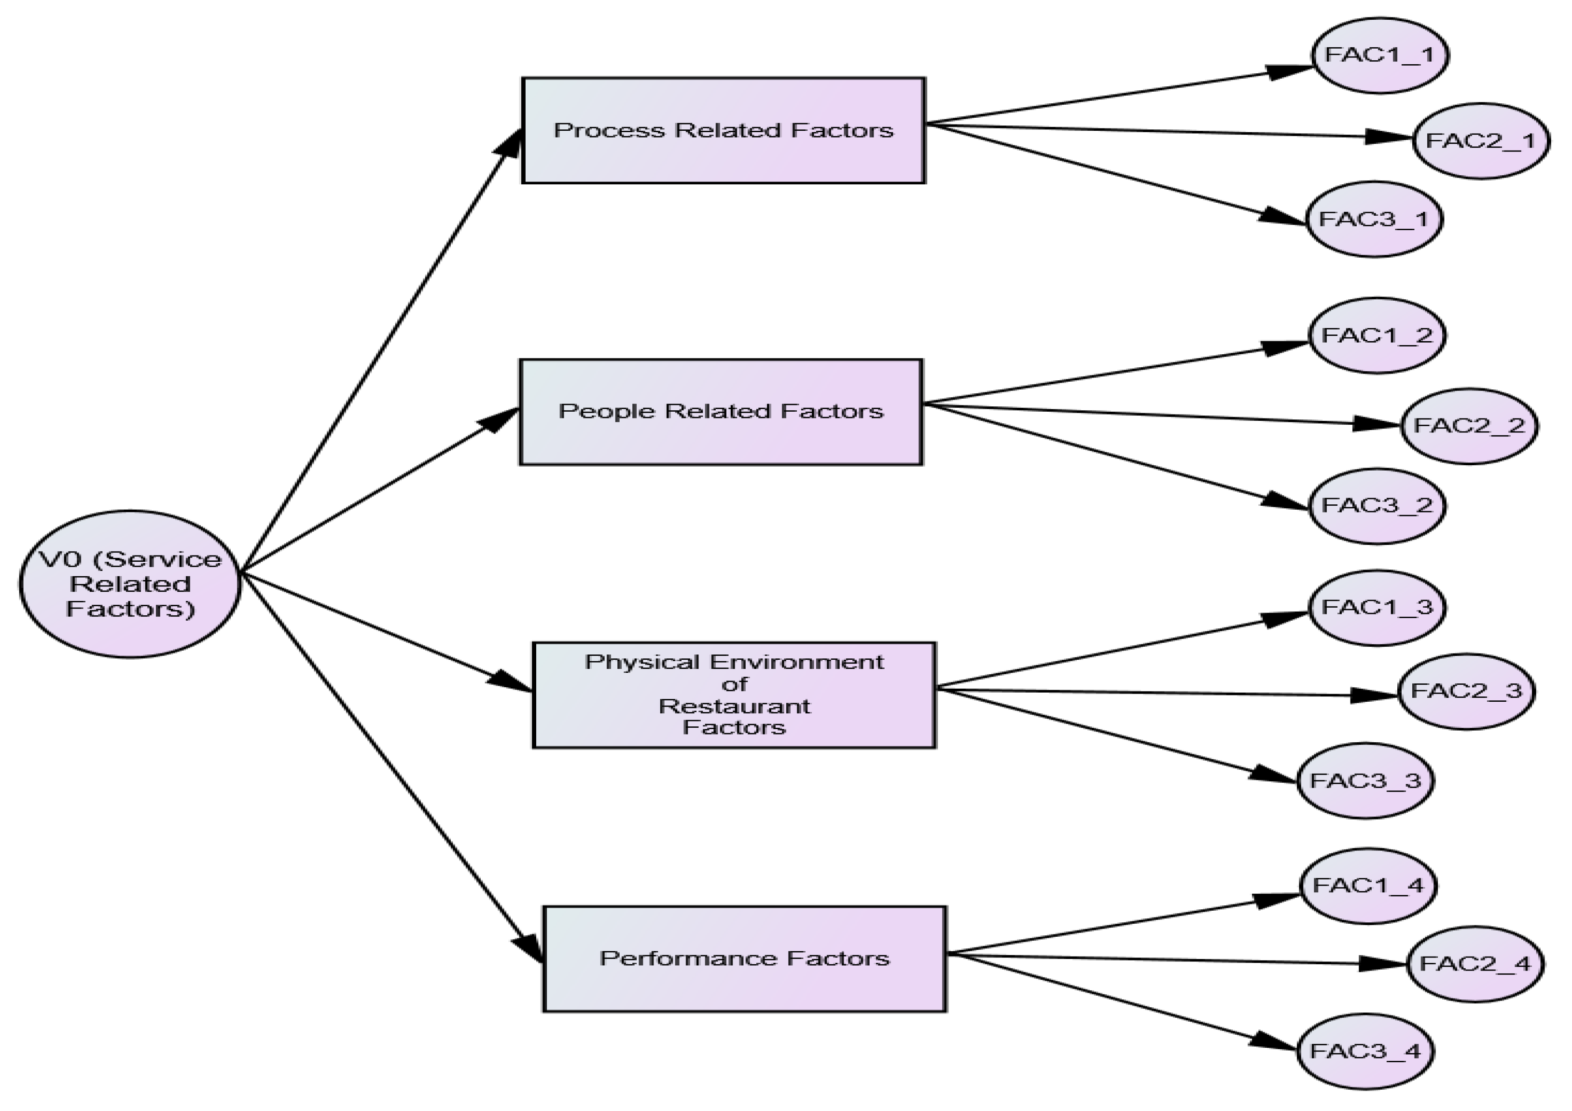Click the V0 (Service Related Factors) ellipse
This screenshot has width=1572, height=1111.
pyautogui.click(x=130, y=584)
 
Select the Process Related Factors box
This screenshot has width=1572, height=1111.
pyautogui.click(x=723, y=130)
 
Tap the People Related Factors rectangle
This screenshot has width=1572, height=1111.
pyautogui.click(x=721, y=411)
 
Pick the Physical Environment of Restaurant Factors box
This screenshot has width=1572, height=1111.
pyautogui.click(x=734, y=695)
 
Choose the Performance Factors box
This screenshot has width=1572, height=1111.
pyautogui.click(x=744, y=958)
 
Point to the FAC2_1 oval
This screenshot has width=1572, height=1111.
pyautogui.click(x=1480, y=141)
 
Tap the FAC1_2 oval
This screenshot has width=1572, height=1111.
pyautogui.click(x=1377, y=335)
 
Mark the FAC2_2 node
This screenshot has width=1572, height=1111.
pyautogui.click(x=1469, y=426)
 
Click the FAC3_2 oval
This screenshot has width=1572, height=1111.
pyautogui.click(x=1377, y=506)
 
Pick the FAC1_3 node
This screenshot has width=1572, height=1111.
pyautogui.click(x=1377, y=607)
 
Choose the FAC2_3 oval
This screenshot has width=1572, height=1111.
pyautogui.click(x=1466, y=691)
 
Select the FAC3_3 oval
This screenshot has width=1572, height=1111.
pyautogui.click(x=1365, y=780)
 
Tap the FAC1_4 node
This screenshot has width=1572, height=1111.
pyautogui.click(x=1368, y=886)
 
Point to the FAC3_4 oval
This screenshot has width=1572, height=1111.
pyautogui.click(x=1365, y=1051)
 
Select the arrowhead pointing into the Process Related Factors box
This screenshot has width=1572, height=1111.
pyautogui.click(x=512, y=142)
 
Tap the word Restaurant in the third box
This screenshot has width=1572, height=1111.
pyautogui.click(x=734, y=706)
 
